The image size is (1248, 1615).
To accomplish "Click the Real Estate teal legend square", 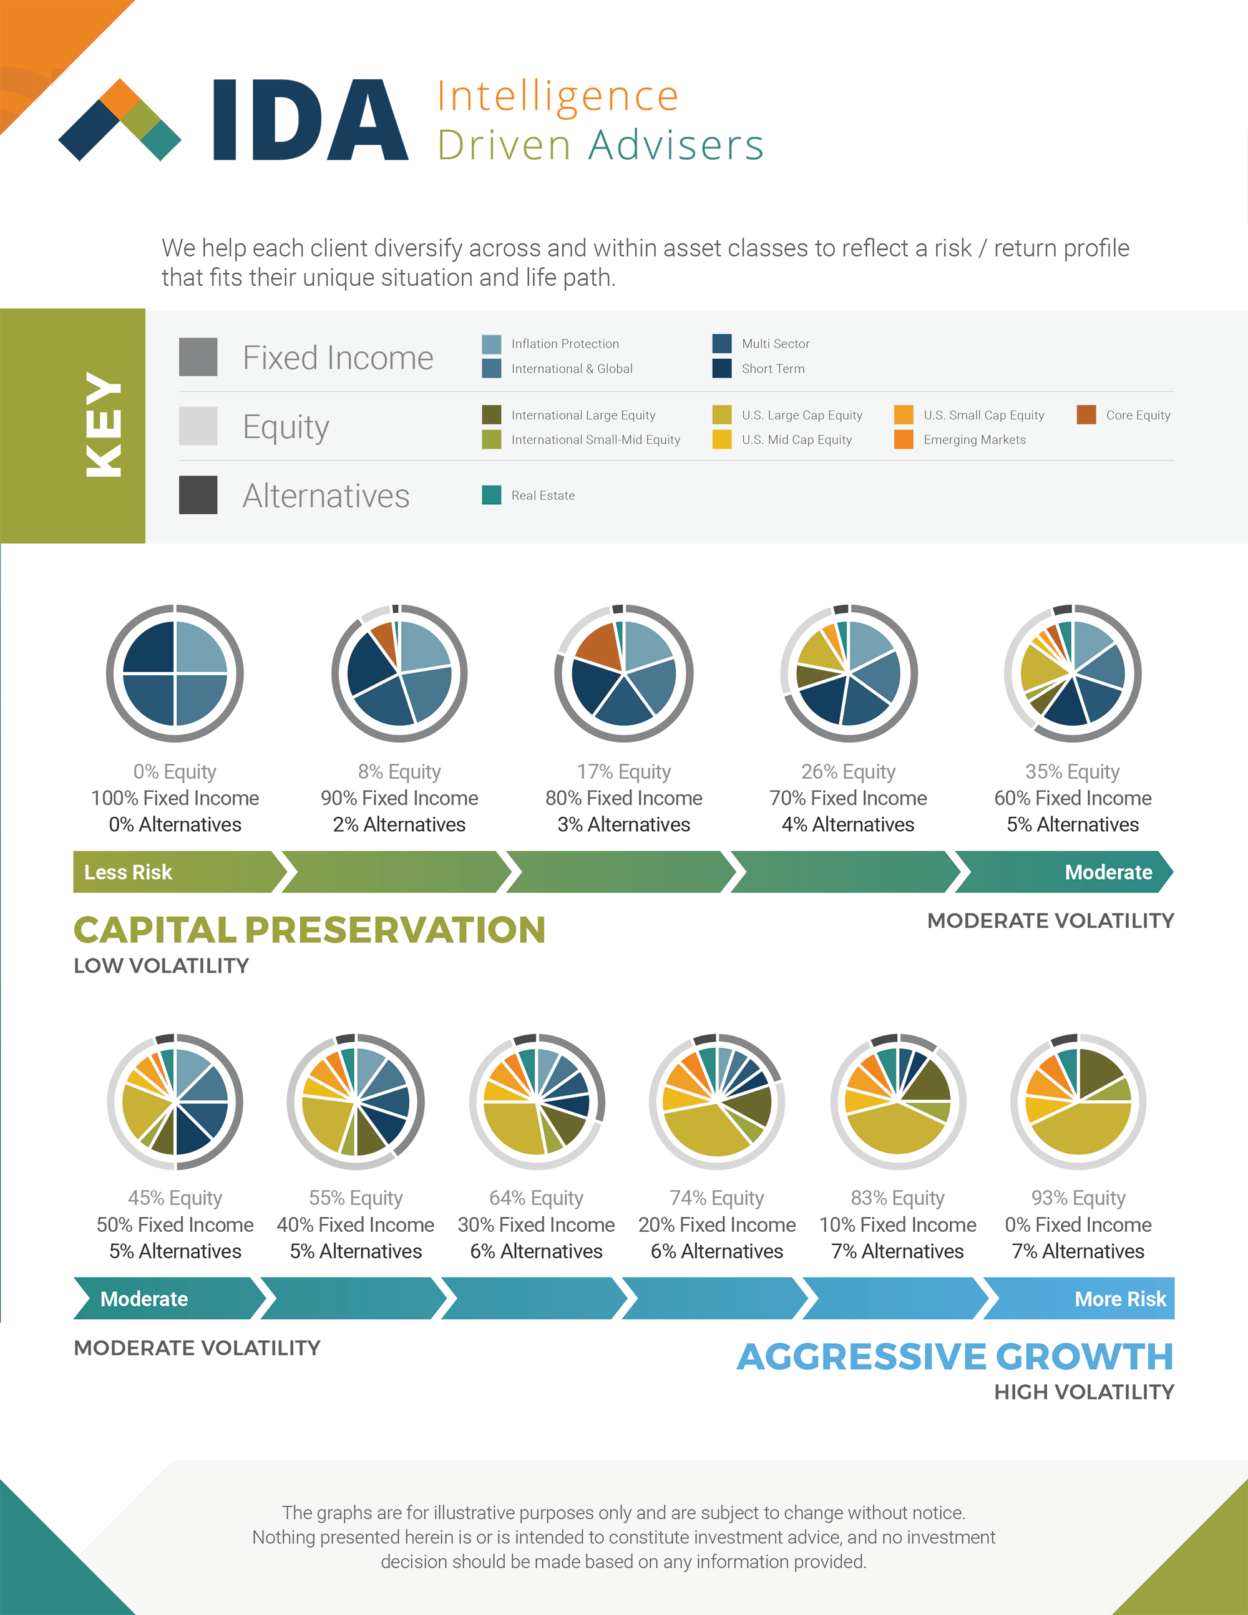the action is [x=492, y=495].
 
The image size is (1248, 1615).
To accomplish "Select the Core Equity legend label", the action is [x=1138, y=415].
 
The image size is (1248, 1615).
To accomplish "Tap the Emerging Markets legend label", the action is [x=975, y=439].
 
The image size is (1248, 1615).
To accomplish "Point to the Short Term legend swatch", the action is [x=721, y=368].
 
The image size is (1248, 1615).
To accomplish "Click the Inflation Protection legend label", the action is [x=565, y=344].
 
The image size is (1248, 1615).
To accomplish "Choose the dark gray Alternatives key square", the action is [x=198, y=495].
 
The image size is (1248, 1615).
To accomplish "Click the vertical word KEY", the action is [x=104, y=424].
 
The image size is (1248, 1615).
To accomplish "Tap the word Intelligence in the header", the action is [x=557, y=97].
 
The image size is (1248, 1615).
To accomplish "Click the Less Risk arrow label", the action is [x=128, y=872].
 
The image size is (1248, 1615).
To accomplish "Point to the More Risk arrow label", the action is [x=1120, y=1299].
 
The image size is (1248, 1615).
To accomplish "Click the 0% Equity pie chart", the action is [x=175, y=673].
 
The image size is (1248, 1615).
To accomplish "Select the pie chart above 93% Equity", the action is [x=1078, y=1101].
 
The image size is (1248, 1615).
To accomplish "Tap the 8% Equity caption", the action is [x=399, y=771].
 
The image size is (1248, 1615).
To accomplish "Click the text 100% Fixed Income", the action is [x=175, y=798].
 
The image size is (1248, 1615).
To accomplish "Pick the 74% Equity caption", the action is [x=716, y=1197].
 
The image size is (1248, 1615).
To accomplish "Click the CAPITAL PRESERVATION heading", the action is [x=309, y=930].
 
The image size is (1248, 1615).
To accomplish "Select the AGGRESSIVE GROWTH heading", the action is [x=955, y=1356].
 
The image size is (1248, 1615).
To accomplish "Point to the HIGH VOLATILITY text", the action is [x=1084, y=1392].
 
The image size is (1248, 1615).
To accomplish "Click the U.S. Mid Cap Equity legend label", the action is [x=796, y=439].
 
